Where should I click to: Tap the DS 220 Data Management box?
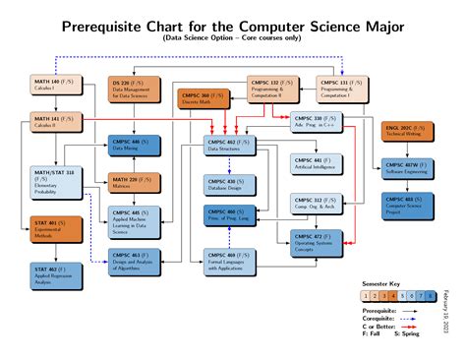click(x=134, y=90)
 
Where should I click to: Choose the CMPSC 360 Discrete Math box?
click(x=204, y=98)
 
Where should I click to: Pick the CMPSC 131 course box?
click(x=343, y=90)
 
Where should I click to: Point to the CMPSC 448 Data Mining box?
click(x=134, y=146)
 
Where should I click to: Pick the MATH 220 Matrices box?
click(x=134, y=181)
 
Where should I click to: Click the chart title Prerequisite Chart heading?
click(x=232, y=25)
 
